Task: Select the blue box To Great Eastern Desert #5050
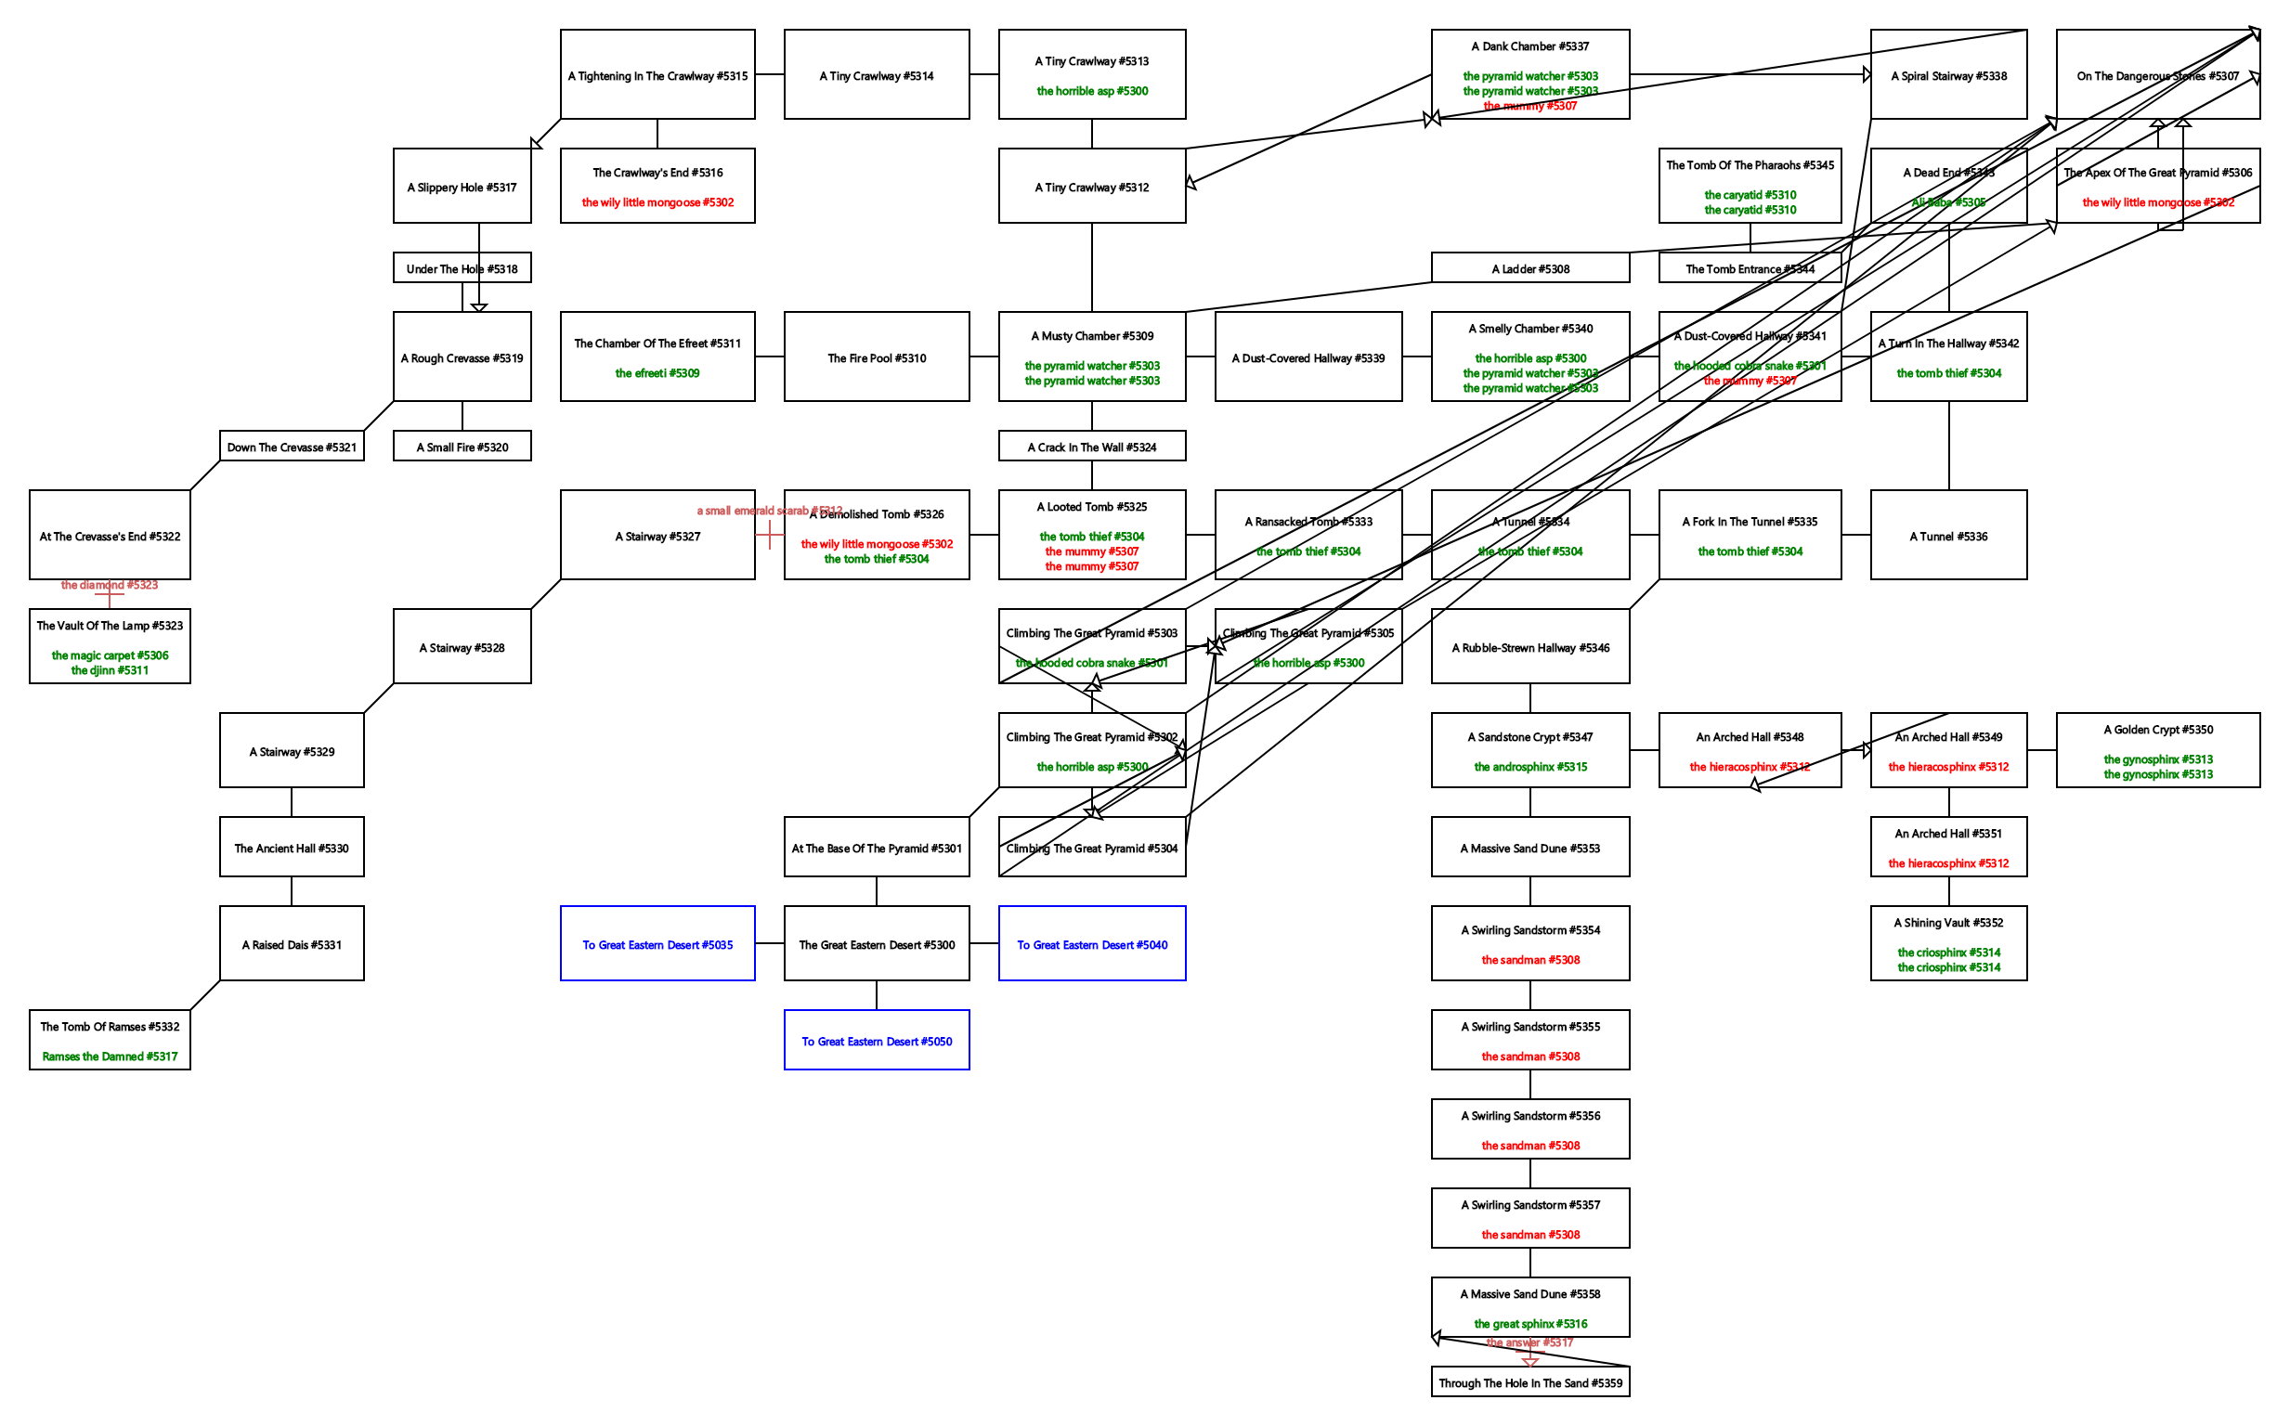pyautogui.click(x=877, y=1041)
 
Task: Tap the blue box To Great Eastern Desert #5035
pyautogui.click(x=657, y=943)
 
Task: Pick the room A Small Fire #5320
pyautogui.click(x=462, y=447)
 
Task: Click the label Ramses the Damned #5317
pyautogui.click(x=110, y=1057)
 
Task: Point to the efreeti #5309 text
pyautogui.click(x=657, y=373)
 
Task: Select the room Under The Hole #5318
pyautogui.click(x=462, y=268)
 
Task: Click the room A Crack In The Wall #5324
pyautogui.click(x=1091, y=447)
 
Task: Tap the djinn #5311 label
pyautogui.click(x=110, y=670)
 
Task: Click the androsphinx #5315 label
pyautogui.click(x=1529, y=767)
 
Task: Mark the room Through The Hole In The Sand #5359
pyautogui.click(x=1529, y=1382)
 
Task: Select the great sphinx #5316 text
pyautogui.click(x=1529, y=1324)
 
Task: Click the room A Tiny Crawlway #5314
pyautogui.click(x=877, y=74)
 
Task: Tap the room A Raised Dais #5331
pyautogui.click(x=292, y=943)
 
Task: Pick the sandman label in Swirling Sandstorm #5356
pyautogui.click(x=1529, y=1146)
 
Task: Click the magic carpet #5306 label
pyautogui.click(x=110, y=655)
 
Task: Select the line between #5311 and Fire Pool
pyautogui.click(x=769, y=356)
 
